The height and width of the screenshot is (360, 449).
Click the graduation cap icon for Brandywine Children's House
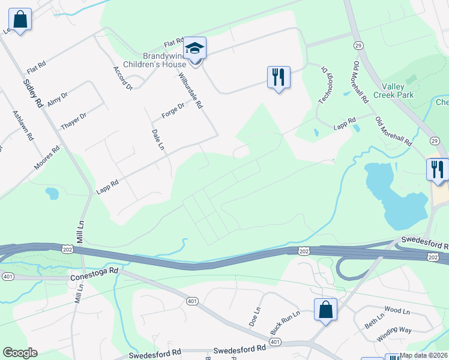coord(194,47)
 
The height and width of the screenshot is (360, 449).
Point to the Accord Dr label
coord(122,79)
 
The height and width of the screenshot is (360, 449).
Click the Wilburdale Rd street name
coord(191,91)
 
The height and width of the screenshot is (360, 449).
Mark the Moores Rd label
coord(47,158)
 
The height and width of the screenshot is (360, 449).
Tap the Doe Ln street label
coord(255,317)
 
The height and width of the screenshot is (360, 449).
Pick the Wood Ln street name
coord(397,311)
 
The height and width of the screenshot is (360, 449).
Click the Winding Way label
coord(394,334)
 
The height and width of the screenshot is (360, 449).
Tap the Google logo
coord(20,353)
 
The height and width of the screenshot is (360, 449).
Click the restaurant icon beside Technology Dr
coord(279,77)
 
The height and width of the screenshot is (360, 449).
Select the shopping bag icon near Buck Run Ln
coord(325,310)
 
